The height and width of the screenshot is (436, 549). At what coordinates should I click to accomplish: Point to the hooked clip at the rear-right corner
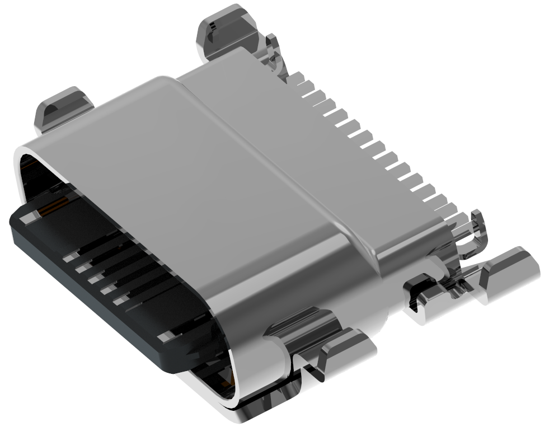[x=473, y=229]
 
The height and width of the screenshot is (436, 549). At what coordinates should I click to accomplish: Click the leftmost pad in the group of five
[x=69, y=257]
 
